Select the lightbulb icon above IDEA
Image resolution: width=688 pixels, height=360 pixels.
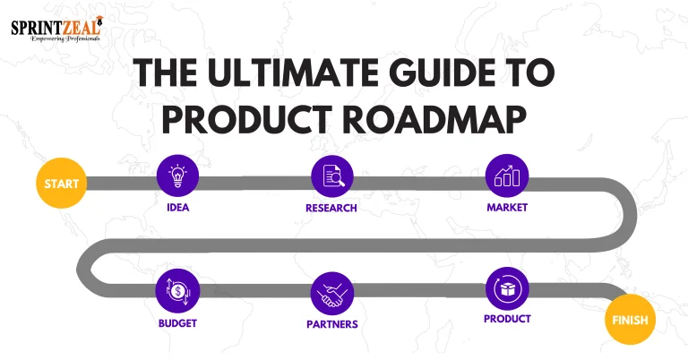tap(177, 176)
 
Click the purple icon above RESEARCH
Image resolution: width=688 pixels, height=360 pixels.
tap(331, 176)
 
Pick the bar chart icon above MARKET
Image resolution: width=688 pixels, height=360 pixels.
tap(507, 176)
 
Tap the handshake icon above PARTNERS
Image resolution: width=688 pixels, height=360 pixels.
tap(331, 293)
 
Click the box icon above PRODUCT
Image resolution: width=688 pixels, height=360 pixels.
tap(507, 288)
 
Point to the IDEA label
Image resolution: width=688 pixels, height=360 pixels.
tap(177, 208)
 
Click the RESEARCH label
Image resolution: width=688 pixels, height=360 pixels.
tap(331, 208)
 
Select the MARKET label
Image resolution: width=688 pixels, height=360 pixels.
tap(507, 208)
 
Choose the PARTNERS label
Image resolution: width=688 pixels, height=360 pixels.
tap(331, 324)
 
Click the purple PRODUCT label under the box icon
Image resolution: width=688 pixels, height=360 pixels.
tap(507, 319)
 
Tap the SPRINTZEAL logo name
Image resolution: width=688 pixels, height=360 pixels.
tap(54, 26)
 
